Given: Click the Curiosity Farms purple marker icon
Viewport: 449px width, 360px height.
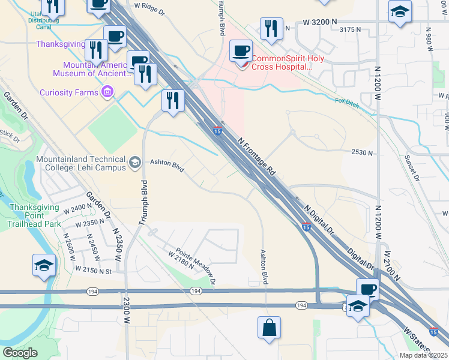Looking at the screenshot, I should click(108, 92).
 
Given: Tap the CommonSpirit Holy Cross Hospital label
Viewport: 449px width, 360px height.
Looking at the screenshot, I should click(282, 62).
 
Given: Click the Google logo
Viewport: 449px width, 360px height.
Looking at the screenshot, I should click(20, 353).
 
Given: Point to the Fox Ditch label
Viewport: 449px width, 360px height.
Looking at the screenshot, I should click(346, 101).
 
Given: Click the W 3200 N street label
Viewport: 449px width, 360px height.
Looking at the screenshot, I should click(322, 22).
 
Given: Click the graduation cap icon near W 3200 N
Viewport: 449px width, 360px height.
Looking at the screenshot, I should click(400, 12).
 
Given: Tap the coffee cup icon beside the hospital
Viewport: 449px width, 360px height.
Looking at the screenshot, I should click(241, 51).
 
